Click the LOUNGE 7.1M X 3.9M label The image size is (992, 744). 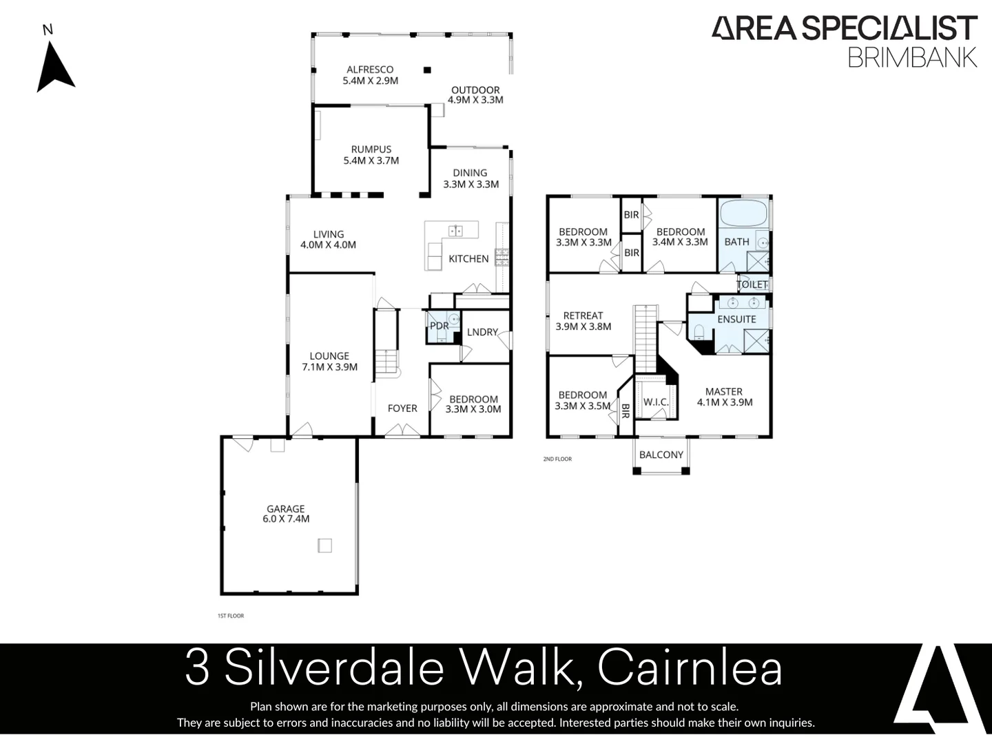pos(329,362)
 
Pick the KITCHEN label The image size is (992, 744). pos(468,259)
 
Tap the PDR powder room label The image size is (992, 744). pos(439,326)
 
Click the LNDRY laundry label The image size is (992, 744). pos(482,332)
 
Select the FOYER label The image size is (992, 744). pos(402,409)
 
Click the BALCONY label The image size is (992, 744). pos(661,455)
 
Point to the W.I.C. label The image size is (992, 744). pos(656,402)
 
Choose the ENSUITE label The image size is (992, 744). pos(736,319)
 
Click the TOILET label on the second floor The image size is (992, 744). pos(752,285)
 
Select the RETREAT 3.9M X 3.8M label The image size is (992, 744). pos(583,321)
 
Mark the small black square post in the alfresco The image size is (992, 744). pos(427,70)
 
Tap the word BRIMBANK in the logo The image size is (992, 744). pos(912,58)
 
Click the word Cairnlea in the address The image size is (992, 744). pos(690,668)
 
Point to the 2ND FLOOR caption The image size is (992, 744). pos(557,459)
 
